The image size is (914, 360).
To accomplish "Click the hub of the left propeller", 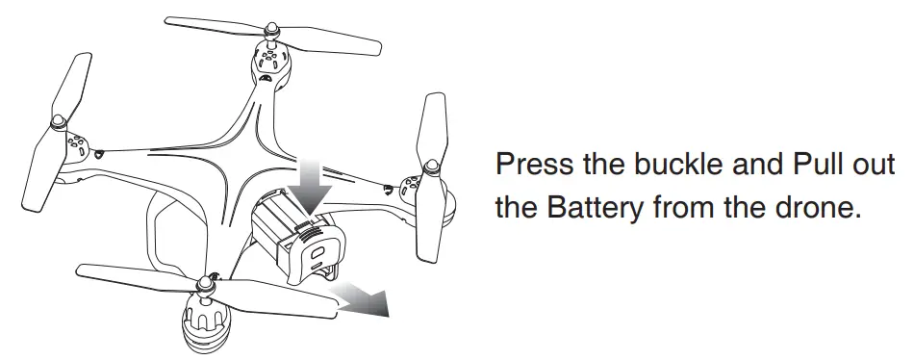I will coord(59,122).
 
